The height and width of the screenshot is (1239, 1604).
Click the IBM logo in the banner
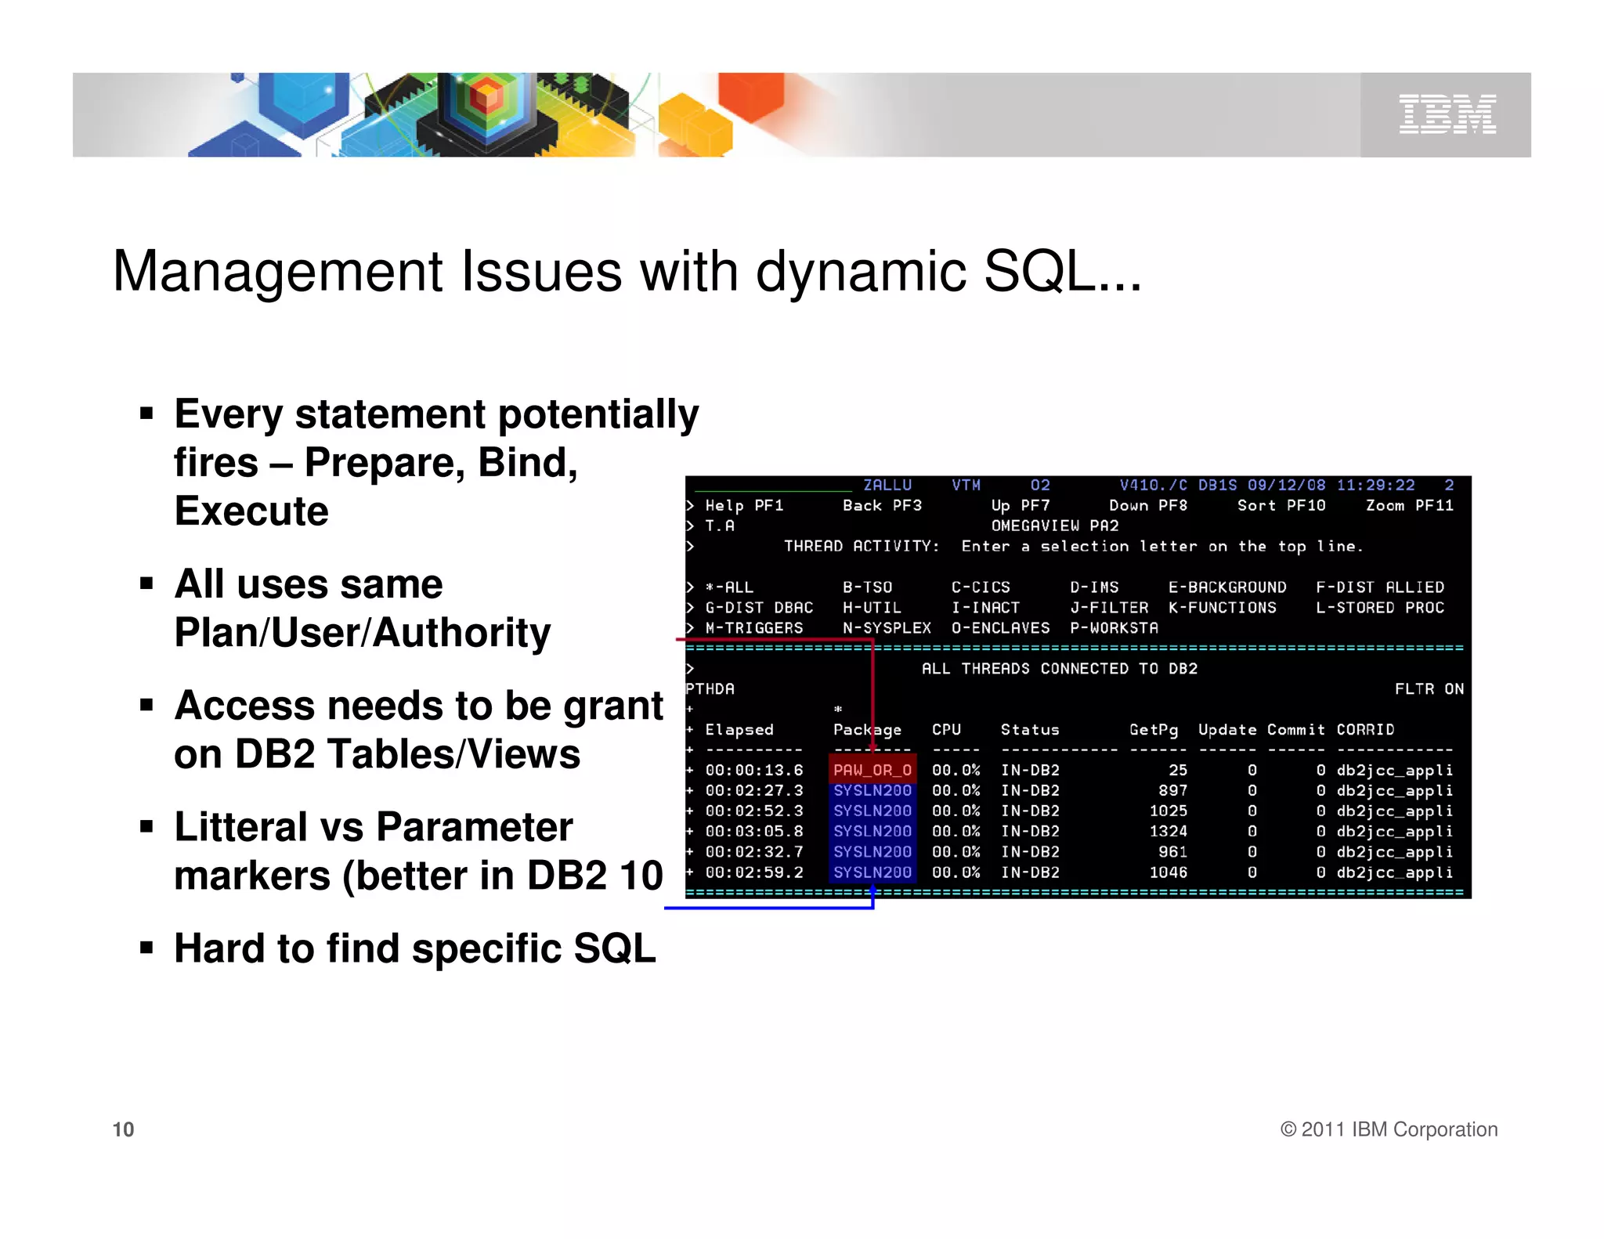tap(1447, 114)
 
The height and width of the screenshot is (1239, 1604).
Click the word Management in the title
tap(278, 272)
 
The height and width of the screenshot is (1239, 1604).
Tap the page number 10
tap(123, 1129)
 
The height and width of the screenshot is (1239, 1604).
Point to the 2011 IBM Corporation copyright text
tap(1389, 1129)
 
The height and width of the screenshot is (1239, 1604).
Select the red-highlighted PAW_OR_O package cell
tap(872, 771)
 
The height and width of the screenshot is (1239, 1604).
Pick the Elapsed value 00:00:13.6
tap(753, 771)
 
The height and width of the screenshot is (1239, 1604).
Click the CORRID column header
tap(1364, 730)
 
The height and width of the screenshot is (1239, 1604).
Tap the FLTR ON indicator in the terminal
tap(1429, 689)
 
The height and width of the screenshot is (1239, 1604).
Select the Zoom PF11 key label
tap(1409, 506)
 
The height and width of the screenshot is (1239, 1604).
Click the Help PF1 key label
tap(743, 506)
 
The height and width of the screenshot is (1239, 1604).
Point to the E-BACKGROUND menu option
tap(1226, 587)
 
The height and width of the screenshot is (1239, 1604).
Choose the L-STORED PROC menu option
tap(1379, 608)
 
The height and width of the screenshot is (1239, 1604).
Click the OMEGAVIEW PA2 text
tap(1054, 526)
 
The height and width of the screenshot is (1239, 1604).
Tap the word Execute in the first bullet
tap(251, 511)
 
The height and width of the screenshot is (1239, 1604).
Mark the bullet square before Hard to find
tap(146, 948)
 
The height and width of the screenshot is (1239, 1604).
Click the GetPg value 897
tap(1172, 791)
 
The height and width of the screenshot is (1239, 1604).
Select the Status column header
tap(1029, 730)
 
